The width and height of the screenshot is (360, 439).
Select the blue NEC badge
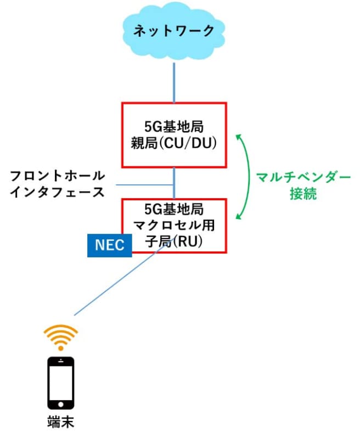(x=110, y=244)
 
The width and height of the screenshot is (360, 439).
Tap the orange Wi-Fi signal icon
(x=61, y=336)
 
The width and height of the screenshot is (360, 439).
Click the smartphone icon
(x=61, y=383)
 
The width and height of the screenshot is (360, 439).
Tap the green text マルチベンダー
(x=303, y=178)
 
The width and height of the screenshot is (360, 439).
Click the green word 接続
(x=303, y=194)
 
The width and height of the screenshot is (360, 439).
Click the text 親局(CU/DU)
(x=174, y=144)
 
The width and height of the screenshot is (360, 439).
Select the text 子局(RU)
(x=174, y=240)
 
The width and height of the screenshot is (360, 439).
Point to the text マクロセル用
(x=174, y=225)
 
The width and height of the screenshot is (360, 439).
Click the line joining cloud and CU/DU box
(x=175, y=82)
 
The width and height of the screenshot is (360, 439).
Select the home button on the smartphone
(x=61, y=405)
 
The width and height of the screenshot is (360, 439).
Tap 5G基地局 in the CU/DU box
(x=174, y=128)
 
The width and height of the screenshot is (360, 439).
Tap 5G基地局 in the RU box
(x=174, y=209)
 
